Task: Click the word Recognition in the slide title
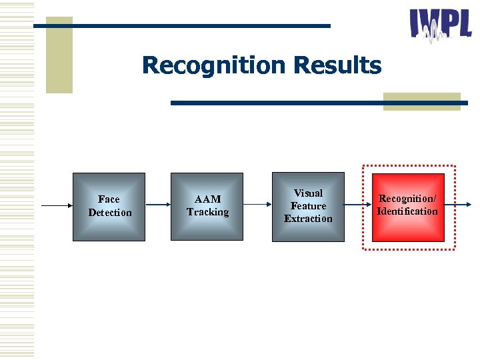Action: [213, 66]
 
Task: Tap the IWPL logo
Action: [440, 25]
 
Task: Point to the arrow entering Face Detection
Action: [57, 205]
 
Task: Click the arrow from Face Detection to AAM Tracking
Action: [157, 205]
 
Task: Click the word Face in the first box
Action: [109, 199]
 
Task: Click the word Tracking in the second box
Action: [207, 212]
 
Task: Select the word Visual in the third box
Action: [308, 193]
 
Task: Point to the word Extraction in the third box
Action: [308, 219]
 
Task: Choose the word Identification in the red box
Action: [407, 211]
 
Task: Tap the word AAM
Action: [207, 199]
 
